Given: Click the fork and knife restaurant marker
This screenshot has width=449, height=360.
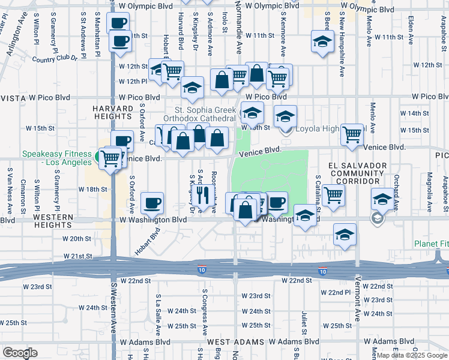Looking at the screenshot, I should (202, 193).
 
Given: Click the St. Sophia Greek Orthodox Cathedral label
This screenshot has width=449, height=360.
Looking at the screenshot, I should (204, 114).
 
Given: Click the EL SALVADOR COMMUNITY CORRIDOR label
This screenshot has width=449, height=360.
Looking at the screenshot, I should (354, 172).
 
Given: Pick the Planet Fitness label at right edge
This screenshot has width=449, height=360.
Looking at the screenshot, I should (430, 244).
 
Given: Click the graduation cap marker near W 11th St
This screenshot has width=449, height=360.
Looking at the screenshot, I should (322, 41).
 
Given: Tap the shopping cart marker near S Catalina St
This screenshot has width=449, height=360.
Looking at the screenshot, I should (333, 194).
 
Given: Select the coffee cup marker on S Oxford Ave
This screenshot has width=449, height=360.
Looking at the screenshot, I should (152, 202).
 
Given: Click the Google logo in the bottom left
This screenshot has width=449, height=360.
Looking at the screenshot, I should (20, 352).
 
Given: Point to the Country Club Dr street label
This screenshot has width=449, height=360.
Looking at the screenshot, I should (55, 59).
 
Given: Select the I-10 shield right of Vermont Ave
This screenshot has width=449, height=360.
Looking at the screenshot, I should (323, 272).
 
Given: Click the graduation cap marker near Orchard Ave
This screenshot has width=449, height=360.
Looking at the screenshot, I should (383, 199).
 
